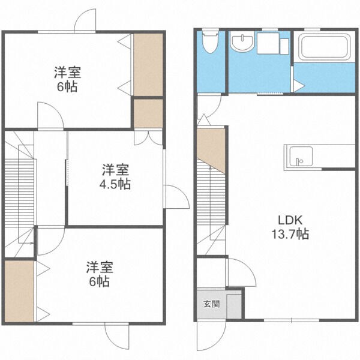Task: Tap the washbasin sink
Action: point(242,43)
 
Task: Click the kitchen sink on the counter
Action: point(298,157)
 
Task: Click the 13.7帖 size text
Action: point(293,235)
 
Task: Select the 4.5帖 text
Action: point(115,184)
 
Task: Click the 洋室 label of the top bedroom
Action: point(67,73)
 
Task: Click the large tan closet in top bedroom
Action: point(148,64)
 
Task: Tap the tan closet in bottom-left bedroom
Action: point(19,291)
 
